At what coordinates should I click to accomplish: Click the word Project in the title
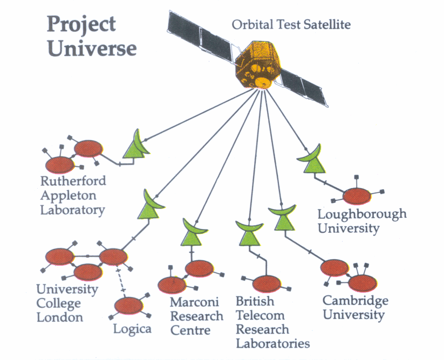[x=81, y=24]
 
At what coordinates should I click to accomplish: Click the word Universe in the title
[x=91, y=49]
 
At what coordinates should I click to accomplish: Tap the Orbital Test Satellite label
[x=291, y=24]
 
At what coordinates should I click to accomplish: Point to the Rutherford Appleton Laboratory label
[x=72, y=195]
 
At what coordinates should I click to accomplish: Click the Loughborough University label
[x=361, y=221]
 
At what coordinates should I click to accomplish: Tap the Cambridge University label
[x=354, y=308]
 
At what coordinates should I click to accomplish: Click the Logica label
[x=132, y=328]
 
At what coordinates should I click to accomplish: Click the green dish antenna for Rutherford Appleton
[x=135, y=144]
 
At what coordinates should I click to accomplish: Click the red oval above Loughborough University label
[x=358, y=196]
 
